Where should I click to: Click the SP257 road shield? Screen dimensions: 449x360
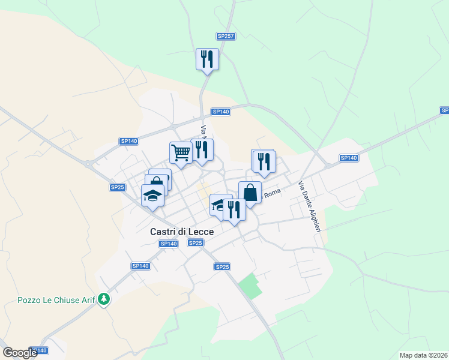[226, 37]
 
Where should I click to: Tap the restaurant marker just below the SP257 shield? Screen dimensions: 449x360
[207, 60]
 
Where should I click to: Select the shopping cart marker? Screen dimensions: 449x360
[179, 153]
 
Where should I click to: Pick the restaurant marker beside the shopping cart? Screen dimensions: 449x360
[202, 151]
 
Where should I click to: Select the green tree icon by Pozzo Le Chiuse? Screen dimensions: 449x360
[104, 298]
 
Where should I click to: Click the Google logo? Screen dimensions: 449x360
[20, 353]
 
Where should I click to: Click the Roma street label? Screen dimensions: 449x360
[272, 191]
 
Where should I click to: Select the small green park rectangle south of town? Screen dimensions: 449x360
[250, 286]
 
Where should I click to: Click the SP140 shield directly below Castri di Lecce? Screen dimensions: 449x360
[169, 244]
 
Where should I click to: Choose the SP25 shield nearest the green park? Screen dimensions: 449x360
[222, 266]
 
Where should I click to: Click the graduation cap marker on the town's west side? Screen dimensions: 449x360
[152, 196]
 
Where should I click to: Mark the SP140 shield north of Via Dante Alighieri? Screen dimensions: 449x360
[349, 158]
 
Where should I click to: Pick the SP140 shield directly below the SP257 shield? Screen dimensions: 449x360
[220, 112]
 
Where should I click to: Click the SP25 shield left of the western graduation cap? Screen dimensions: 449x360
[117, 187]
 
